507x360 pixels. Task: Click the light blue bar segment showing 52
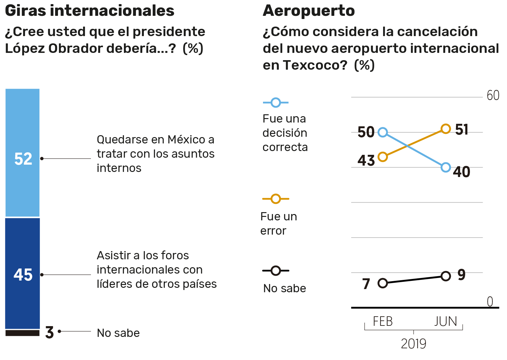22,153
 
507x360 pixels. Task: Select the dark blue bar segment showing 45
22,273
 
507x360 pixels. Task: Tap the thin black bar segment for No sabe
22,333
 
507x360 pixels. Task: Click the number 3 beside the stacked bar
49,332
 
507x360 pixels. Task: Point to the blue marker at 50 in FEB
383,132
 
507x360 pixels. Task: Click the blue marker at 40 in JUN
446,167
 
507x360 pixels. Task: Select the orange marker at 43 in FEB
383,157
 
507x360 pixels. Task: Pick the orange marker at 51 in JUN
446,129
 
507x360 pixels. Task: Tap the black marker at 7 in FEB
383,283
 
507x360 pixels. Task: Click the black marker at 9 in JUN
446,276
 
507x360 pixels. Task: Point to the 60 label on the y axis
493,95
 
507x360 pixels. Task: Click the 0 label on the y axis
490,301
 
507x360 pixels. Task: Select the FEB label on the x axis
383,321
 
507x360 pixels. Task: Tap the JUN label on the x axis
446,321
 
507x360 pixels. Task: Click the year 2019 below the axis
414,344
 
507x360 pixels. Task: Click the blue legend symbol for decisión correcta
276,103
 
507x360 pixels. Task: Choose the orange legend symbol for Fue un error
276,199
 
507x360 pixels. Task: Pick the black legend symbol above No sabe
276,271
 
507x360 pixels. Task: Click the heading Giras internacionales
90,11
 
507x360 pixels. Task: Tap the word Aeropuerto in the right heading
309,11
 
